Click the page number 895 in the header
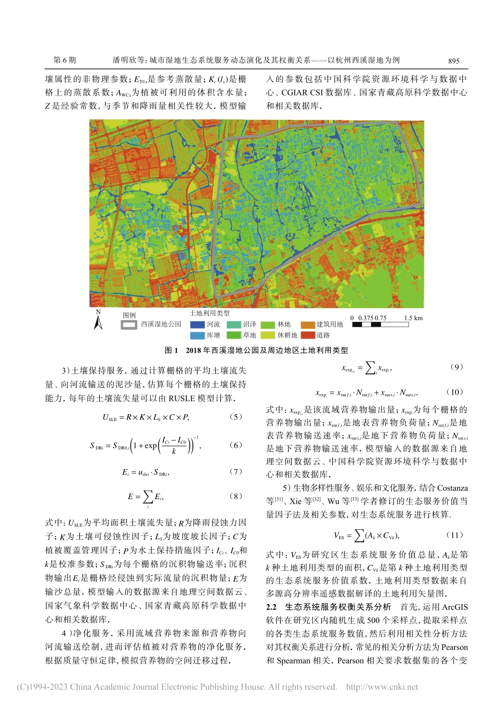(x=453, y=61)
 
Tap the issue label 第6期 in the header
(x=64, y=60)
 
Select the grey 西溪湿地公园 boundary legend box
(x=129, y=324)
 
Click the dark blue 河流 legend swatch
(x=197, y=324)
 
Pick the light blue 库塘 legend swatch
(x=197, y=335)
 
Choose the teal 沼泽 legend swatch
(x=234, y=324)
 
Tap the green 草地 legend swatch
(x=234, y=335)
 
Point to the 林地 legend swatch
(x=267, y=324)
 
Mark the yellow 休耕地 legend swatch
(x=267, y=335)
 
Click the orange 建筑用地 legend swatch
(x=308, y=324)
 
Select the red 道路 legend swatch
(x=308, y=335)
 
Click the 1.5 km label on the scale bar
(x=413, y=318)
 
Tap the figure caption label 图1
(x=171, y=350)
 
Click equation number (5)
(x=236, y=417)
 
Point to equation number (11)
(x=454, y=535)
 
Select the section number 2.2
(x=271, y=607)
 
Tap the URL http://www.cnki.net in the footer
(x=382, y=687)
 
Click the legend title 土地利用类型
(x=210, y=313)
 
